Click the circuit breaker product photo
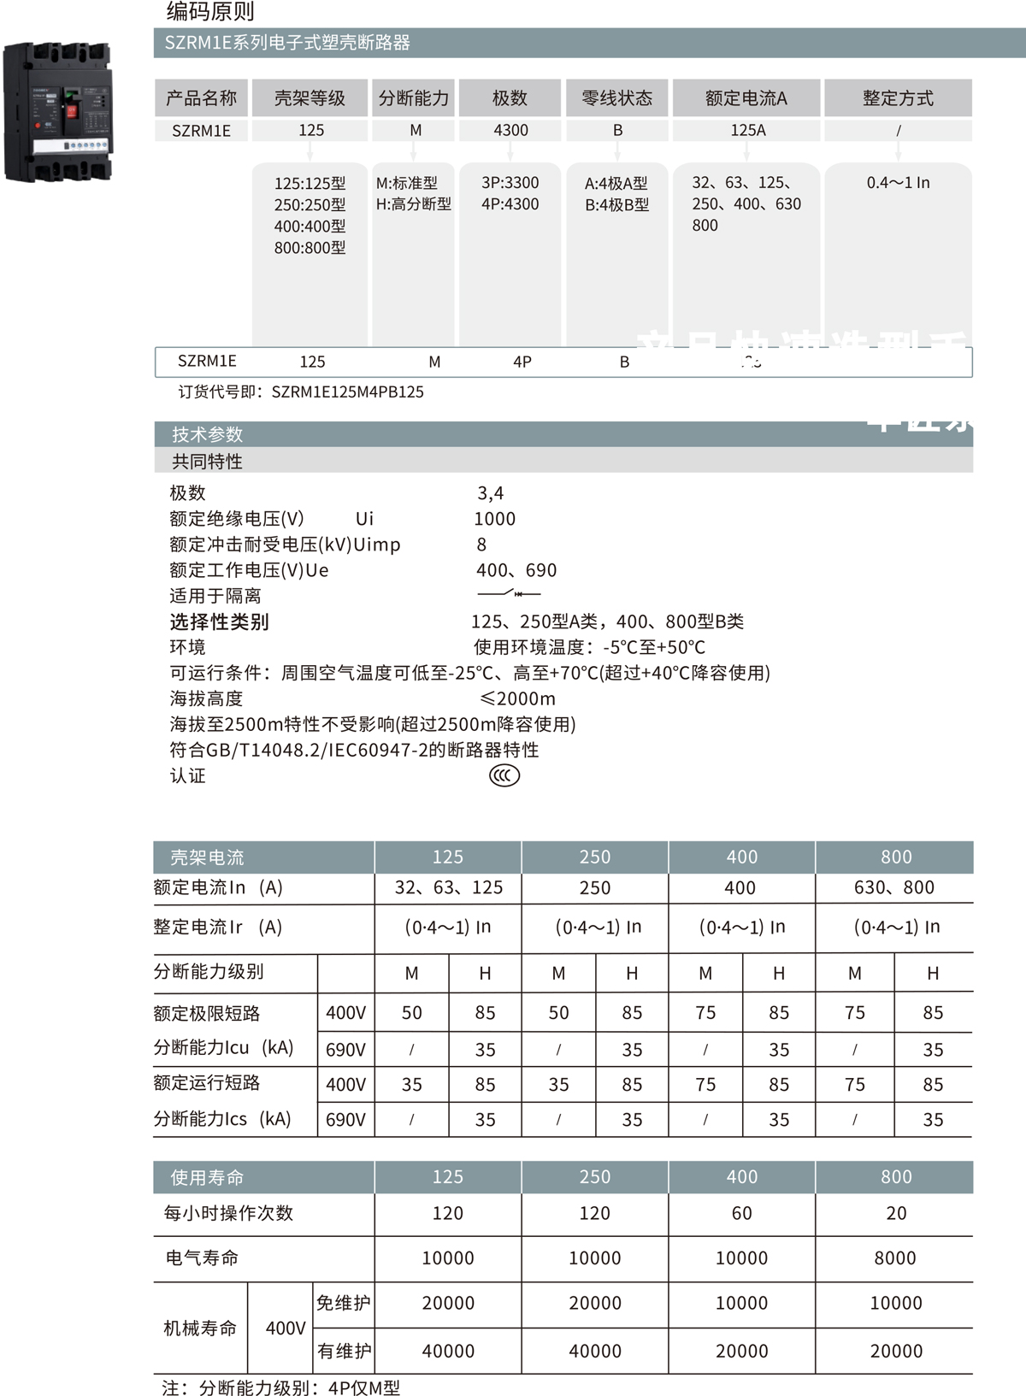click(58, 111)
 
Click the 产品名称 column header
click(201, 98)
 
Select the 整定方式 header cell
click(898, 98)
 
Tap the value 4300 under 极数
click(510, 130)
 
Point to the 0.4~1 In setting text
click(898, 182)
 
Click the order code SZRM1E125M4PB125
click(347, 392)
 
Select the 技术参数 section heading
click(207, 434)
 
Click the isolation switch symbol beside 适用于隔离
click(509, 593)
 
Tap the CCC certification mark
click(504, 775)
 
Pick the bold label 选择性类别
click(219, 621)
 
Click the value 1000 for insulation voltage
click(495, 519)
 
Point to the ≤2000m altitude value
click(517, 698)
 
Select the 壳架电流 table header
click(207, 857)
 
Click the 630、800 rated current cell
click(894, 887)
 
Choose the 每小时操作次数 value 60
click(741, 1213)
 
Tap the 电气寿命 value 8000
click(895, 1258)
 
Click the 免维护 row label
click(344, 1303)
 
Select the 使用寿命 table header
click(207, 1177)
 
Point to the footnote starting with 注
click(280, 1387)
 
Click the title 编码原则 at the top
click(210, 11)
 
